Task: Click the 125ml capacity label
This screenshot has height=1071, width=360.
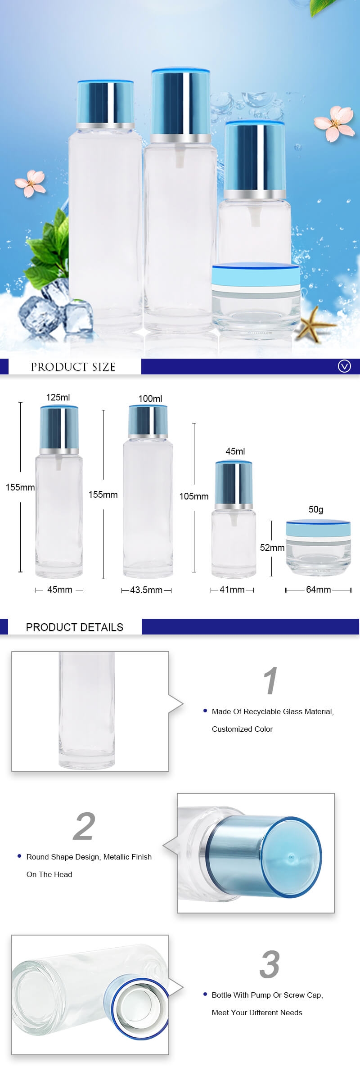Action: pos(58,397)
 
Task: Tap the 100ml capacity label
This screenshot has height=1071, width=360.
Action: pos(150,399)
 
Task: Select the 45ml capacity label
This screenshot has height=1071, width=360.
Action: pos(235,451)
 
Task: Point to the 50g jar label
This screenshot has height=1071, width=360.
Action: pos(316,509)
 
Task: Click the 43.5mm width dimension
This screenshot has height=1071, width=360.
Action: pos(146,590)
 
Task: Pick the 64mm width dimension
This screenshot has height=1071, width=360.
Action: pos(319,589)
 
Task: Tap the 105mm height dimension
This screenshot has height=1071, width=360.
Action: pos(194,496)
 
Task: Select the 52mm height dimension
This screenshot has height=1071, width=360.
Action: pos(272,548)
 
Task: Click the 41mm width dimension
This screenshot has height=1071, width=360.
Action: pos(232,589)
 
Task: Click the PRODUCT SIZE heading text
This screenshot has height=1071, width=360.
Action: pos(73,367)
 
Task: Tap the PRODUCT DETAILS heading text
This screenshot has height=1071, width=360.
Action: pos(75,627)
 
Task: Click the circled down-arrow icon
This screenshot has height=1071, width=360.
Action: pos(344,366)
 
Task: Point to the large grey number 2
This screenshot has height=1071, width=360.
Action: pos(84,826)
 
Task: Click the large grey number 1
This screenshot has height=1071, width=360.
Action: pos(270,681)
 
